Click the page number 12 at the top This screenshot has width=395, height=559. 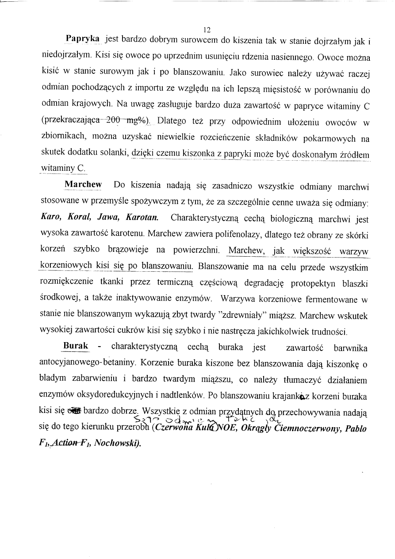(x=206, y=30)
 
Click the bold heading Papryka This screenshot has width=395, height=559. (x=82, y=39)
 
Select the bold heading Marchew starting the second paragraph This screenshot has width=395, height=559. (x=83, y=184)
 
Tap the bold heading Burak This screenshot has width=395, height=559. (x=76, y=345)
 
